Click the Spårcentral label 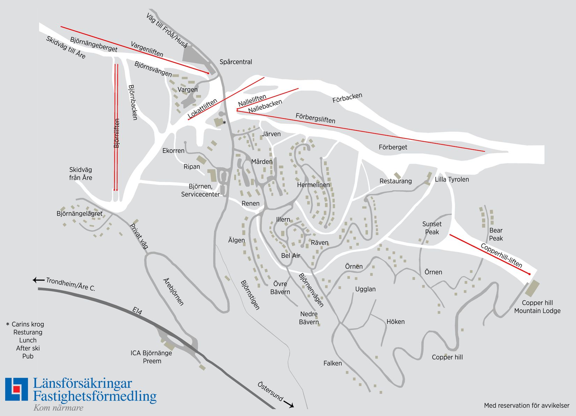pos(236,62)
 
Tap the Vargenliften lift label pos(147,49)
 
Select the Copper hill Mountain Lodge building pos(532,288)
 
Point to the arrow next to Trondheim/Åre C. pos(38,280)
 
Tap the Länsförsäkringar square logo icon pos(16,389)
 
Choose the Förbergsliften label pos(315,118)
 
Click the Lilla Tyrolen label pos(452,179)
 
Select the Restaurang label pos(396,181)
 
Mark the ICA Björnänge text pos(151,353)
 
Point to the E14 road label pos(137,311)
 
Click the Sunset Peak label pos(432,228)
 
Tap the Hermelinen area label pos(313,185)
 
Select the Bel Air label pos(290,256)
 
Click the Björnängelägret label pos(80,213)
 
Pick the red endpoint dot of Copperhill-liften pos(529,274)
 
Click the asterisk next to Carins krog pos(8,324)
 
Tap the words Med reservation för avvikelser pos(526,406)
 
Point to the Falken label pos(332,363)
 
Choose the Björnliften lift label pos(117,133)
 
